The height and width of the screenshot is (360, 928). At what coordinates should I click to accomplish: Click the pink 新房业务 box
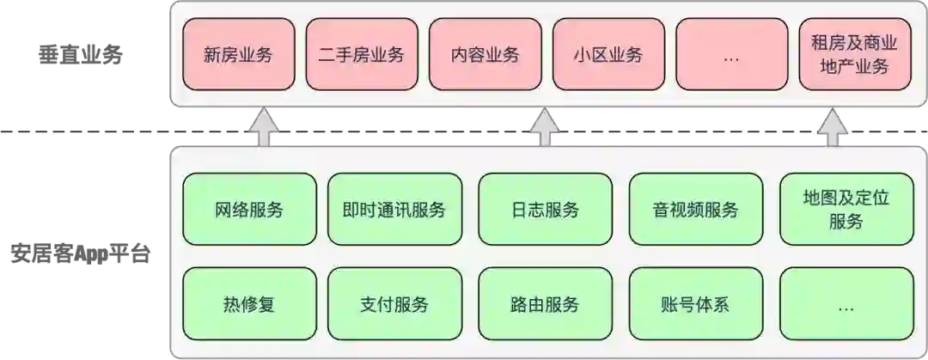pos(238,55)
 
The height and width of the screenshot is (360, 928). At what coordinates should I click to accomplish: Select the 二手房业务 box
pos(361,55)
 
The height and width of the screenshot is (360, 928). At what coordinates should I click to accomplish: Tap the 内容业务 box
pos(485,55)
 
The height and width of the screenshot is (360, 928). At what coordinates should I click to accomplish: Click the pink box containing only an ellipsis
pos(731,55)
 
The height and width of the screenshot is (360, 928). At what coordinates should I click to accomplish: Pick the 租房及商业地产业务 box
pos(854,55)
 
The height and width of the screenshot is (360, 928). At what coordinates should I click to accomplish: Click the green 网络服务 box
pos(249,209)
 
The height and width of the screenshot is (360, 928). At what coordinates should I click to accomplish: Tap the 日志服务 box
pos(544,209)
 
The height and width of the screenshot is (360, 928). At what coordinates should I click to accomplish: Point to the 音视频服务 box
pos(695,209)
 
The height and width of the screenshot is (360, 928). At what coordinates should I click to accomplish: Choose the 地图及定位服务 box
pos(846,209)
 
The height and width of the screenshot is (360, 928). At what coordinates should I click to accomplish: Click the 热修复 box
pos(249,303)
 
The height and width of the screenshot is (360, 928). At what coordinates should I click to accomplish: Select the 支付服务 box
pos(394,303)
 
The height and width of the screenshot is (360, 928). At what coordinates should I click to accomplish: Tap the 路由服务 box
pos(544,303)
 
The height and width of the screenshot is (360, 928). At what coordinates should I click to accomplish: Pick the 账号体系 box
pos(695,303)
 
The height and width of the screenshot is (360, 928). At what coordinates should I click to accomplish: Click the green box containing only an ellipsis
pos(846,303)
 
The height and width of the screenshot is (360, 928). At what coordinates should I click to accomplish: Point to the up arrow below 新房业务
pos(265,127)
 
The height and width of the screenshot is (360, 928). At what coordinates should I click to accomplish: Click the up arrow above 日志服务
pos(544,127)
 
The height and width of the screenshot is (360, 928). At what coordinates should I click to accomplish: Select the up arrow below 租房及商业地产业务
pos(833,127)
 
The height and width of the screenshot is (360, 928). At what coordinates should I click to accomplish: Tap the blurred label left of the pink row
pos(79,56)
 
